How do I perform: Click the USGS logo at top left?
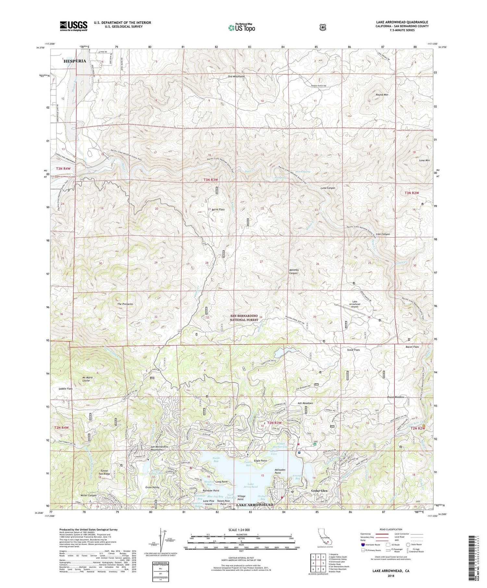point(73,26)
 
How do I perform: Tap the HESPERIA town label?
point(75,61)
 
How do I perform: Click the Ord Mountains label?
point(236,77)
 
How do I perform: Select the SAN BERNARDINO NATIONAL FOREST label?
point(244,318)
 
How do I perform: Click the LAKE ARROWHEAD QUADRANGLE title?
point(403,22)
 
